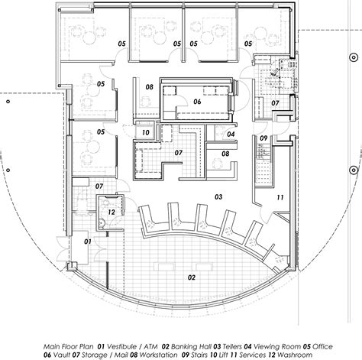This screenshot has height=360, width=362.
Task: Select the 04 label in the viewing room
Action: coord(229,135)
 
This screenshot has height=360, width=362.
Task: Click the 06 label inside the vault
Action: coord(196,101)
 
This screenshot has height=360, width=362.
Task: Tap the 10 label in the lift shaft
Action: coord(144,132)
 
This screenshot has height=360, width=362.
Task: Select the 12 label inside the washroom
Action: coord(111,212)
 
